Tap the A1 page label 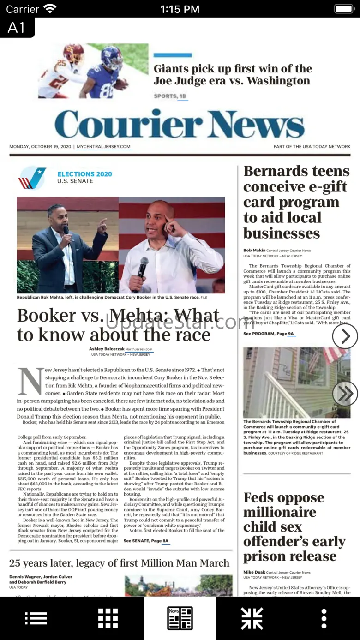tap(17, 28)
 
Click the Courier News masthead tap(180, 125)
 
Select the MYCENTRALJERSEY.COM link tap(104, 147)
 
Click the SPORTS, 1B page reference tap(170, 96)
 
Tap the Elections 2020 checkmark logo tap(32, 178)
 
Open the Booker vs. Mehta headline tap(118, 325)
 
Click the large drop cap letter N tap(30, 381)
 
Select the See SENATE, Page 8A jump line tap(146, 541)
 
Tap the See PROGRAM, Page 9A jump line tap(269, 333)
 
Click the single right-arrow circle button tap(345, 337)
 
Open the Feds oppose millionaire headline tap(294, 526)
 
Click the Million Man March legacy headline tap(119, 563)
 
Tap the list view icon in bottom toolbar tap(36, 618)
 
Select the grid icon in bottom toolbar tap(108, 618)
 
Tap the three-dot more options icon tap(324, 618)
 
